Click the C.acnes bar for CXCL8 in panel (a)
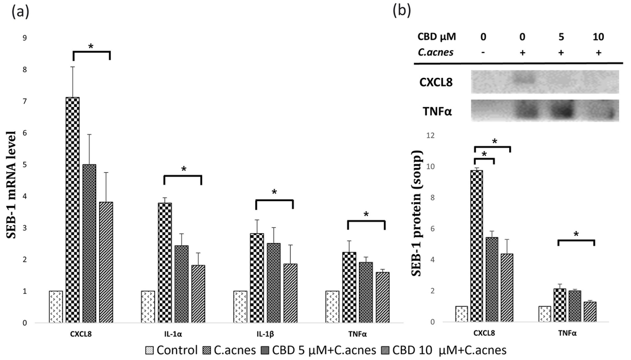(72, 210)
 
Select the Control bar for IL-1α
(148, 307)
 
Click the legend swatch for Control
(150, 351)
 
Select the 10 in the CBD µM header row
(598, 37)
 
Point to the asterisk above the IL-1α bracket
(183, 169)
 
